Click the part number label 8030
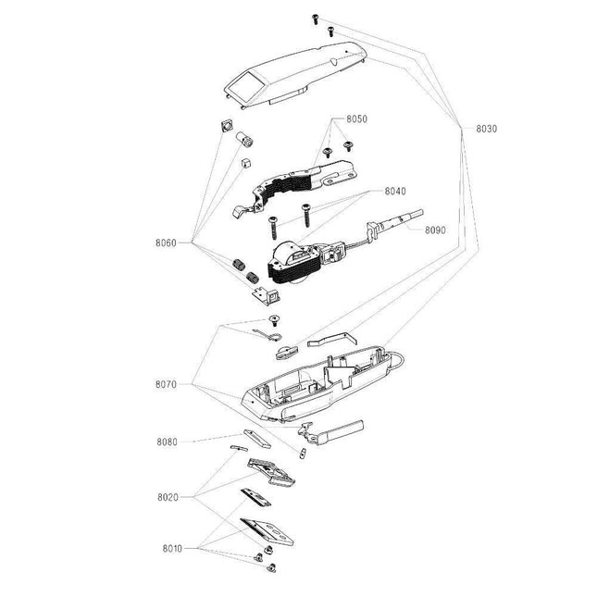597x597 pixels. (x=486, y=129)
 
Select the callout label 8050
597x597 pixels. (x=357, y=120)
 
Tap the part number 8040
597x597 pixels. (x=395, y=191)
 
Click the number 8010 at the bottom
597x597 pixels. (x=171, y=548)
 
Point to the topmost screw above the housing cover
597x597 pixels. (x=317, y=19)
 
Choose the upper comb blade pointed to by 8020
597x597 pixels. (x=273, y=473)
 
